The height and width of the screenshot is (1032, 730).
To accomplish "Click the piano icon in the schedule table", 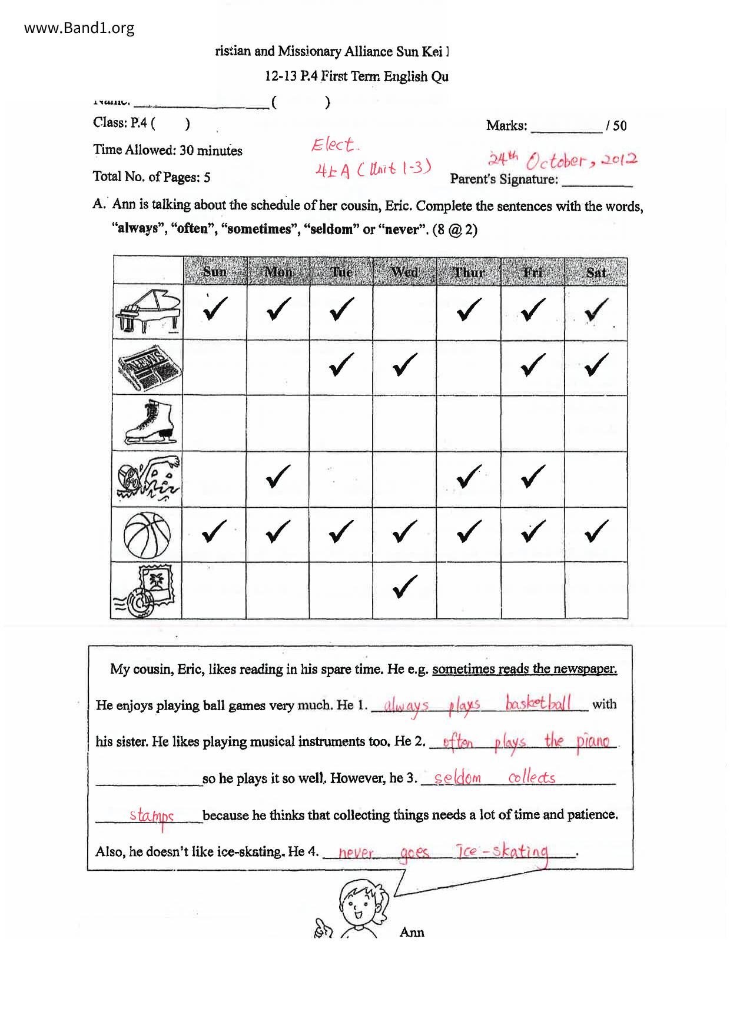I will pyautogui.click(x=148, y=311).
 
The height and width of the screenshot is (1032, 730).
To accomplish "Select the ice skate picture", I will pyautogui.click(x=149, y=422).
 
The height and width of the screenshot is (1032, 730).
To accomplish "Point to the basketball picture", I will pyautogui.click(x=147, y=534).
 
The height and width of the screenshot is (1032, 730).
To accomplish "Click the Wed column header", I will pyautogui.click(x=404, y=272).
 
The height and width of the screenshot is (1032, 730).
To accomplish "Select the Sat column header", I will pyautogui.click(x=596, y=272).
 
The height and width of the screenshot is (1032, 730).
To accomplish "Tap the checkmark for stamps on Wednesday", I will pyautogui.click(x=404, y=587).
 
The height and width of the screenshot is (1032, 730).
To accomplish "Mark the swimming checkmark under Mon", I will pyautogui.click(x=278, y=477).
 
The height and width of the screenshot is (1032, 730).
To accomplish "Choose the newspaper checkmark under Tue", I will pyautogui.click(x=341, y=365).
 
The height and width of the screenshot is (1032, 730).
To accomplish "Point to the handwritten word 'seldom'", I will pyautogui.click(x=457, y=778).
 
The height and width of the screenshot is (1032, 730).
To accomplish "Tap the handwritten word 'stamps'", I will pyautogui.click(x=152, y=816).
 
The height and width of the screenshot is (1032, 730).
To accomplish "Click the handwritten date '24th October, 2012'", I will pyautogui.click(x=562, y=159).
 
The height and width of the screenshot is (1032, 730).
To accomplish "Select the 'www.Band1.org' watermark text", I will pyautogui.click(x=79, y=28).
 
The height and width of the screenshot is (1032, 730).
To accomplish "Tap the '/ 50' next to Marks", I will pyautogui.click(x=616, y=125).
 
